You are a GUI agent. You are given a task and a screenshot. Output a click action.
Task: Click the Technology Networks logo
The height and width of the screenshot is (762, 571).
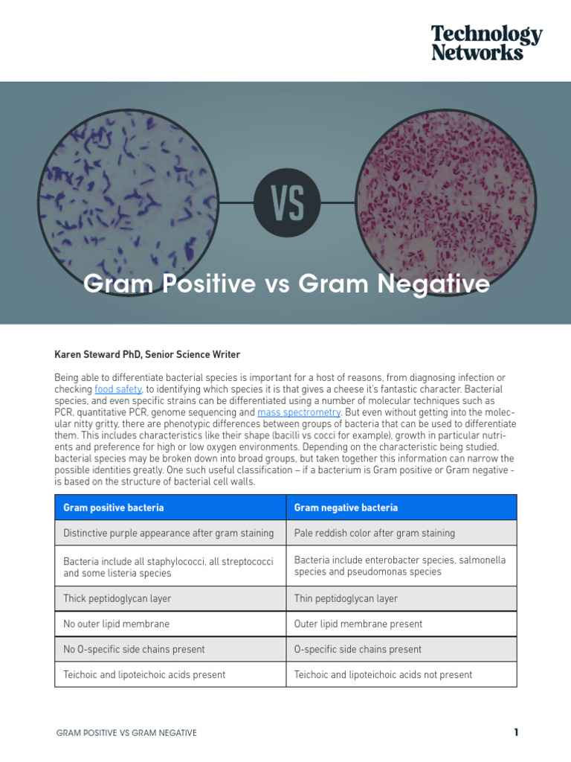coord(487,42)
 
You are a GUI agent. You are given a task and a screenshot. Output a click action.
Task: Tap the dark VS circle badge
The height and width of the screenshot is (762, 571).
coord(287,202)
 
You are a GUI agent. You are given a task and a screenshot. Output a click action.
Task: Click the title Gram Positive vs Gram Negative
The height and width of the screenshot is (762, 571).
coord(287,284)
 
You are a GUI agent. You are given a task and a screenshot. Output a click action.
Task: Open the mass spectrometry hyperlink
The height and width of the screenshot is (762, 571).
coord(299,412)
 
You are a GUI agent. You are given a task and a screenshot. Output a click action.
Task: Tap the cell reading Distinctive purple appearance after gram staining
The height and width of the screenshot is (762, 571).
coord(170,533)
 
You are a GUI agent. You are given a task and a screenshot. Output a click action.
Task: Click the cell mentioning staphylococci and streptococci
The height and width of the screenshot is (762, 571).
coord(170,566)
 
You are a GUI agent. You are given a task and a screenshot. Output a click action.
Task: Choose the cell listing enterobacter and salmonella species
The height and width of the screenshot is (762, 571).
coord(401,566)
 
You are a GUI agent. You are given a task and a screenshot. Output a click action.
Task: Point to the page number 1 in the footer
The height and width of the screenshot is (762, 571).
coord(516,732)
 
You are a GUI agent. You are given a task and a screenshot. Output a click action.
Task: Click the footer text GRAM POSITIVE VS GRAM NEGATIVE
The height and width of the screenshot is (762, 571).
coord(126,733)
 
